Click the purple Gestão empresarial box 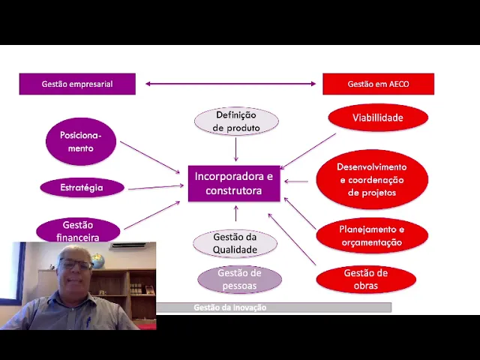(x=77, y=84)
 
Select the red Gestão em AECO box (x=378, y=84)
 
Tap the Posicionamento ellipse (x=81, y=142)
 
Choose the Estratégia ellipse (x=82, y=187)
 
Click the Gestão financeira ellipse (x=78, y=230)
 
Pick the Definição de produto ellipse (x=236, y=121)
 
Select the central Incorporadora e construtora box (x=234, y=184)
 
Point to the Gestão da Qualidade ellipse (x=235, y=243)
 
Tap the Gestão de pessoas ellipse (x=239, y=279)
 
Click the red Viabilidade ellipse (x=378, y=118)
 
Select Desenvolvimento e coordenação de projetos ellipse (x=372, y=180)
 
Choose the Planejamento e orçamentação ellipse (x=372, y=235)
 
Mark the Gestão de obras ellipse (x=366, y=279)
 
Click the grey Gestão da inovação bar (x=274, y=307)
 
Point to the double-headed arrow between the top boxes (x=230, y=84)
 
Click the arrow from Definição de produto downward (x=235, y=149)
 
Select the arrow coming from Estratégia (x=155, y=187)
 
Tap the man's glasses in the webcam (x=77, y=265)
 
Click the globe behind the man (x=118, y=259)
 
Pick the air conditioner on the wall (x=127, y=245)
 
